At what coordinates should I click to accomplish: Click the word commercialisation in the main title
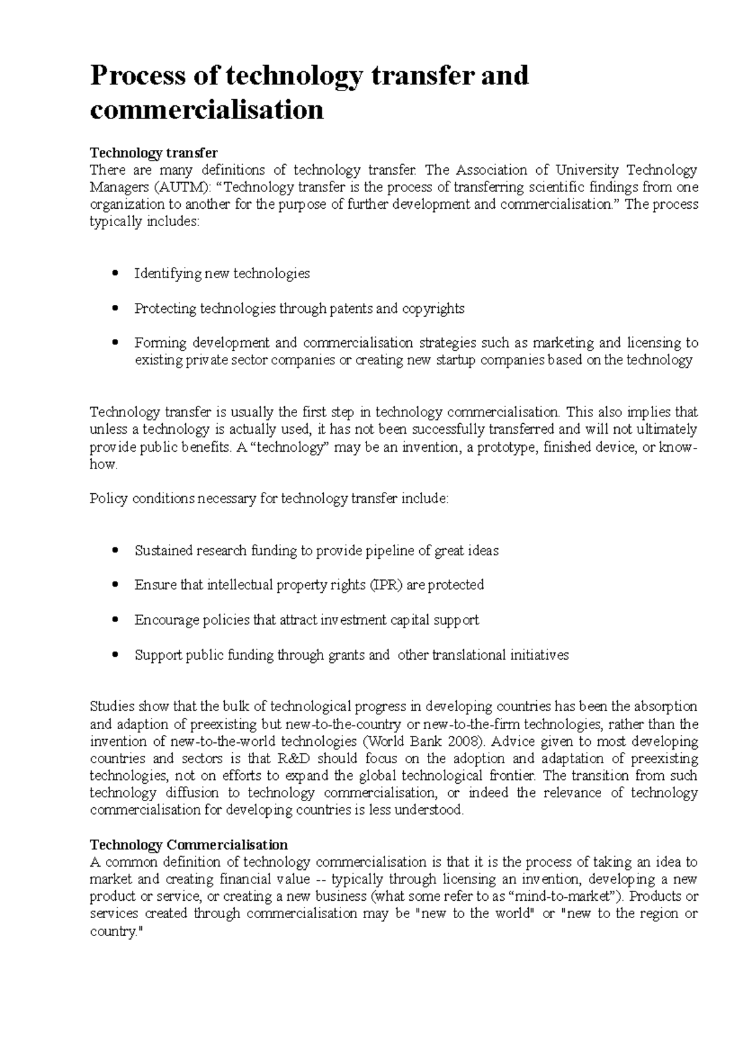(x=206, y=110)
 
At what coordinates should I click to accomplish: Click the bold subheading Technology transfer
(x=154, y=152)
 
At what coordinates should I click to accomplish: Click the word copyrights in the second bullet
(x=433, y=309)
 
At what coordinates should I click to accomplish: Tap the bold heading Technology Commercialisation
(x=189, y=845)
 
